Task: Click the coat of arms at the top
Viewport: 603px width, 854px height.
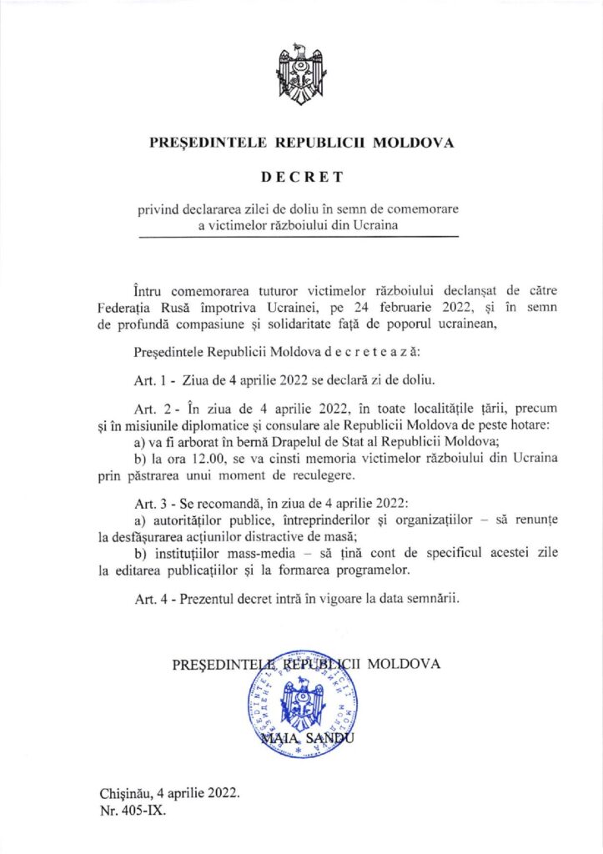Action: tap(301, 76)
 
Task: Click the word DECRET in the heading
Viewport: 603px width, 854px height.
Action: tap(301, 178)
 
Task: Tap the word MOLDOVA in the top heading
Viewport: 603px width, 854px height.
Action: tap(413, 143)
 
